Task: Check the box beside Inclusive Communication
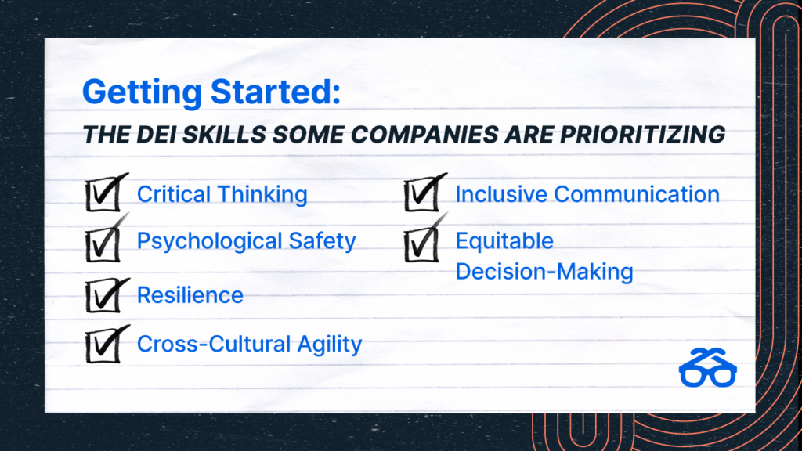pos(422,194)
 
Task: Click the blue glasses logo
pos(708,368)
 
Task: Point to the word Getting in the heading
pos(143,92)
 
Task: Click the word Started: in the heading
pos(276,92)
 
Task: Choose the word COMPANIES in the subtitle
pos(424,135)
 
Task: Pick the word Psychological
pos(209,242)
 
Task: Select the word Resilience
pos(190,295)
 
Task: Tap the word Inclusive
pos(502,194)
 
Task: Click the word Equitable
pos(504,241)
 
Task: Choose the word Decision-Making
pos(544,272)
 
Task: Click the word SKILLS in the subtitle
pos(224,135)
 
